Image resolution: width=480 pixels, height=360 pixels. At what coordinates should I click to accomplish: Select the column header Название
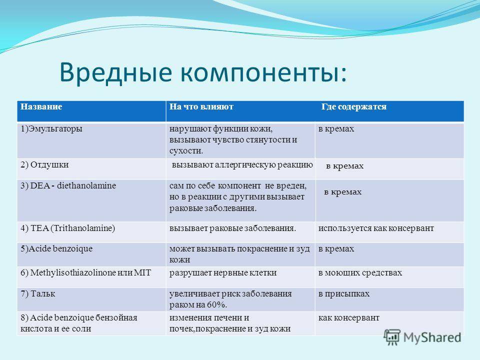[41, 106]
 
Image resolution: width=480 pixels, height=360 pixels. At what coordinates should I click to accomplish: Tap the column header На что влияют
[201, 106]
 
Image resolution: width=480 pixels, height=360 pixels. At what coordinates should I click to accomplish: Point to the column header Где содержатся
[354, 107]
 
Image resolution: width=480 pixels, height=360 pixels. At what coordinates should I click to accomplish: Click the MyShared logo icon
[392, 337]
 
